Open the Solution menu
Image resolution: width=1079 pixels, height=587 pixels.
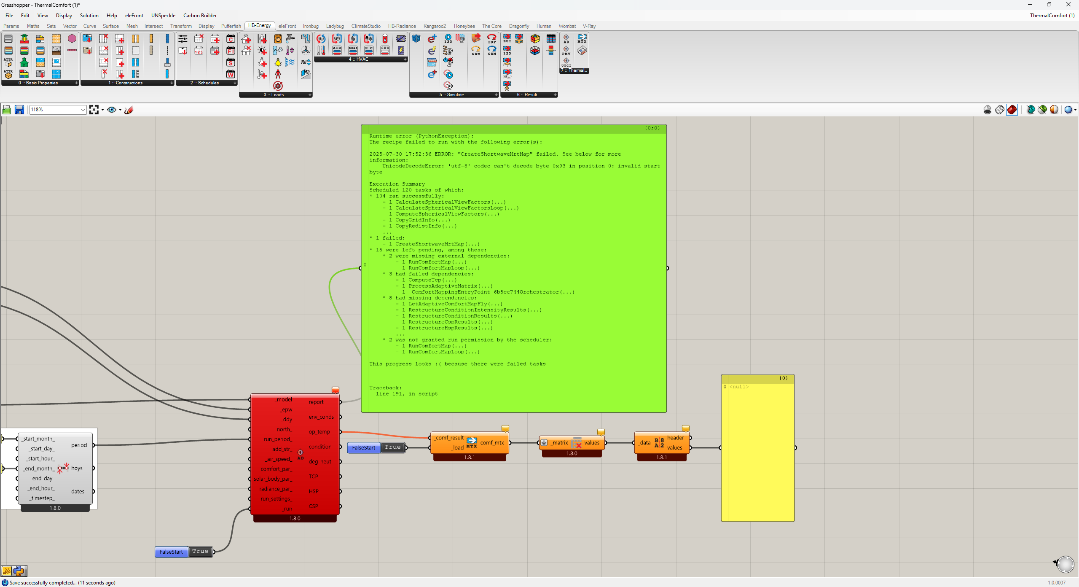point(89,16)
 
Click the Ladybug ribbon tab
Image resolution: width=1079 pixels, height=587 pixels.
point(335,26)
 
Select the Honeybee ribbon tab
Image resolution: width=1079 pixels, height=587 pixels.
point(464,26)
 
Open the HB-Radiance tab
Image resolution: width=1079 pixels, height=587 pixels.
point(402,26)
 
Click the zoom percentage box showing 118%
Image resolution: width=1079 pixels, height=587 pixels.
point(57,110)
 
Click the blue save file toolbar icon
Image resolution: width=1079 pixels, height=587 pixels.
point(19,110)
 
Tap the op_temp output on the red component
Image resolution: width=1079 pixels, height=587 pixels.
point(319,432)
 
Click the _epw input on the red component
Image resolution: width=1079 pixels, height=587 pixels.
point(287,409)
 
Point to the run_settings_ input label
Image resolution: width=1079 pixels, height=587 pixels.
point(276,499)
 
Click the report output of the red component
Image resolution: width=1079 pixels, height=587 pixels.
point(316,402)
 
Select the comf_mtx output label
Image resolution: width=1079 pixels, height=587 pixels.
point(492,443)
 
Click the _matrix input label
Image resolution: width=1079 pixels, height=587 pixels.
point(560,443)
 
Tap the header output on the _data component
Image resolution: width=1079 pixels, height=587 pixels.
point(675,438)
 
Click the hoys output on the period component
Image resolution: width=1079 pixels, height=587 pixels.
point(77,468)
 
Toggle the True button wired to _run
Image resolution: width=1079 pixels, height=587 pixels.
point(200,552)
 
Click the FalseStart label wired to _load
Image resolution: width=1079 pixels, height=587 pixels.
point(363,448)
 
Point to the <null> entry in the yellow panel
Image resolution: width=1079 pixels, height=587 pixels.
point(739,387)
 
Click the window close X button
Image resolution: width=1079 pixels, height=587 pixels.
point(1068,5)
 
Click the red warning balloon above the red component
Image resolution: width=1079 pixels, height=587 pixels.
point(336,390)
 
